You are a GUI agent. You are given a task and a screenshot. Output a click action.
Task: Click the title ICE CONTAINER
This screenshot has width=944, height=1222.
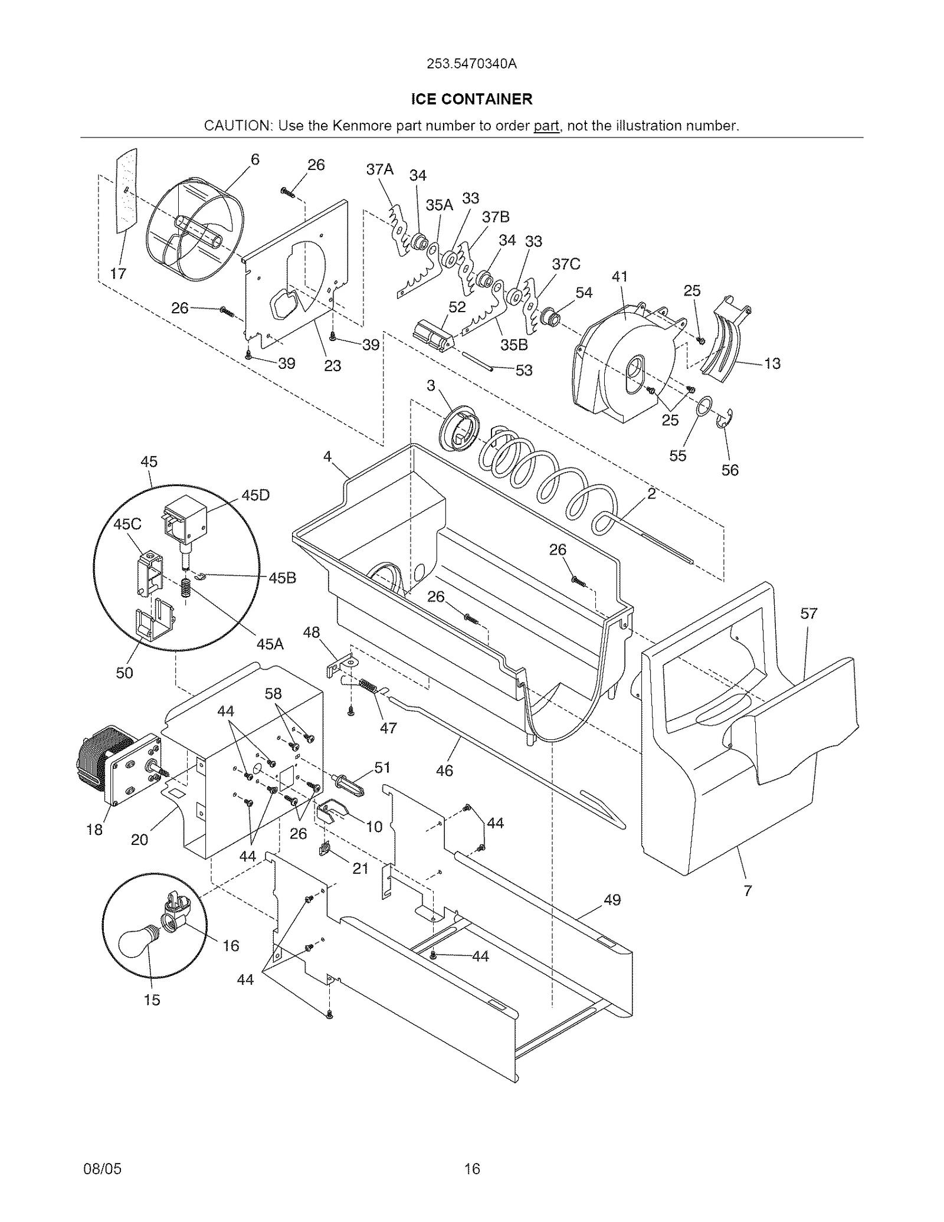tap(471, 99)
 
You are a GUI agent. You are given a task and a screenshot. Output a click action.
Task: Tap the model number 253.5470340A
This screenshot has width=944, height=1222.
tap(471, 64)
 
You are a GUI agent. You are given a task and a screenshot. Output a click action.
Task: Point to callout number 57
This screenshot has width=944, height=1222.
tap(808, 614)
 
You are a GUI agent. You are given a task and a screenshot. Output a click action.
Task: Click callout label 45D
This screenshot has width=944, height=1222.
tap(255, 495)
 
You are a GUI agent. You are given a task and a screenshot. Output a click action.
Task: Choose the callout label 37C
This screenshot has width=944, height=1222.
tap(566, 264)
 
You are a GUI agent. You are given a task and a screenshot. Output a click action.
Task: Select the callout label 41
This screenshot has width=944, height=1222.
tap(619, 276)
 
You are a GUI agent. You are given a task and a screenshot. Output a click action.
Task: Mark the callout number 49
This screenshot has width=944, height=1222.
tap(612, 899)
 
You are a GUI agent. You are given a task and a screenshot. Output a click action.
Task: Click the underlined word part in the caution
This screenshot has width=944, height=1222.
tap(546, 126)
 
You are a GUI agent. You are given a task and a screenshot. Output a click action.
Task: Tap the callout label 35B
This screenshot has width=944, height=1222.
tap(514, 345)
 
